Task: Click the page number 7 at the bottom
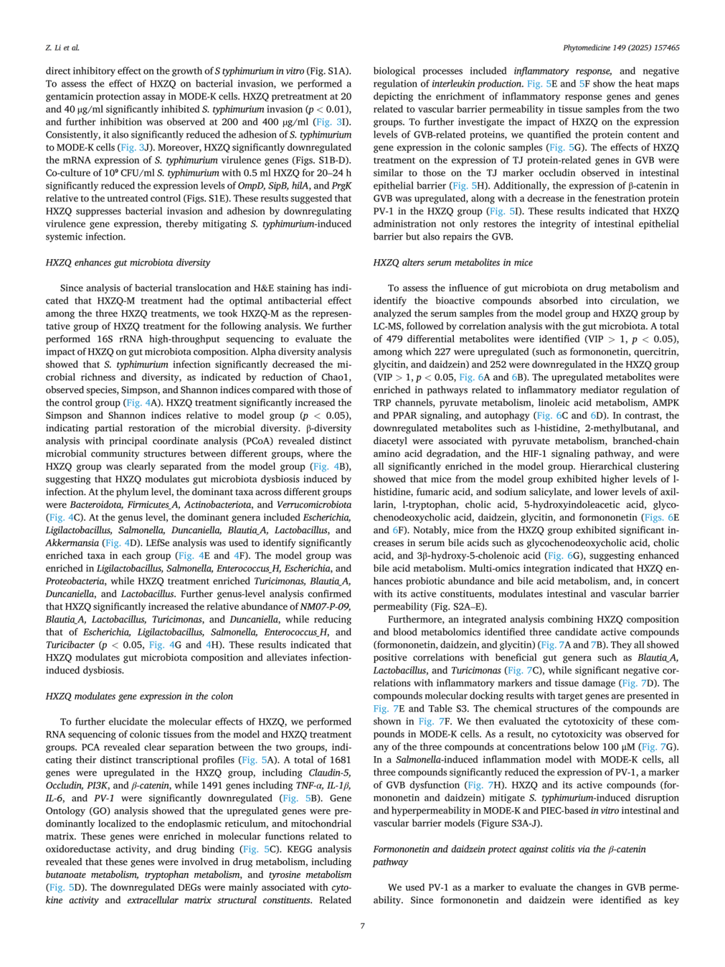(362, 925)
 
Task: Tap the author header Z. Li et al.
(62, 48)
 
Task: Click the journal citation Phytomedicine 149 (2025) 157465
(621, 48)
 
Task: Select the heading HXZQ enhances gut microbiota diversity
(128, 263)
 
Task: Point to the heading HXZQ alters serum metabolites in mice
(452, 263)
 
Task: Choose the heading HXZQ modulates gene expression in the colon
(139, 696)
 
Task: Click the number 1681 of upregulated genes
(340, 759)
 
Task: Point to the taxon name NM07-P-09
(326, 606)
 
